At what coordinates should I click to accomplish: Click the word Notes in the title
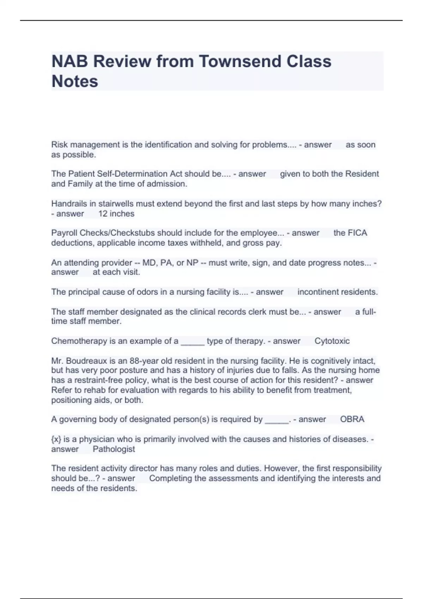[75, 81]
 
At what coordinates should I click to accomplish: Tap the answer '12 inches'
[116, 214]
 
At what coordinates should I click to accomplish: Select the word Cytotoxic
[332, 341]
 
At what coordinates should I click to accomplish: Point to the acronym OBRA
[352, 419]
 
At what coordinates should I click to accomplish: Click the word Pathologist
[114, 449]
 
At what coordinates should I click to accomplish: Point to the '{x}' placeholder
[56, 439]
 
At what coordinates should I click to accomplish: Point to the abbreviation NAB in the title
[69, 61]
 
